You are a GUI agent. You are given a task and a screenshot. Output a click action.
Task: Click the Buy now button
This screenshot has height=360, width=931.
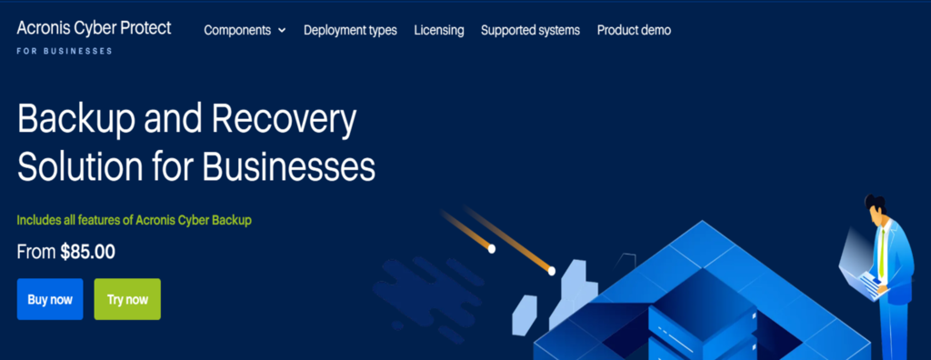coord(50,299)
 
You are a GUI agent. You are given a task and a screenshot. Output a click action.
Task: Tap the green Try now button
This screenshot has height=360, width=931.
coord(127,299)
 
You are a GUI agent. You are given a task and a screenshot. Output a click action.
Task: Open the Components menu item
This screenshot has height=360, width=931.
coord(237,30)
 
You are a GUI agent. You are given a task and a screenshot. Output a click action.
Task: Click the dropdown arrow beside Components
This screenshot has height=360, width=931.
coord(282,31)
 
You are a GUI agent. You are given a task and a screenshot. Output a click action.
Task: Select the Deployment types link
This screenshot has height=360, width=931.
coord(350,30)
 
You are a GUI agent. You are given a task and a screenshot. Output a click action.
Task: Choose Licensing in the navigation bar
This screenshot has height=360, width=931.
coord(438,30)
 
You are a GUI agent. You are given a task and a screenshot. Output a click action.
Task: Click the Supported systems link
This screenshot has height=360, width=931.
coord(530,30)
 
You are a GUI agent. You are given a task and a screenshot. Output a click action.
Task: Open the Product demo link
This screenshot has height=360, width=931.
coord(634,30)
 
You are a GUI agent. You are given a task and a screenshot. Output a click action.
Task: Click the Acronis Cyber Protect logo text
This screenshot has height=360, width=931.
coord(94,28)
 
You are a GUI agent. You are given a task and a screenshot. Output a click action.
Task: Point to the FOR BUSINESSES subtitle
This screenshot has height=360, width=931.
coord(65,51)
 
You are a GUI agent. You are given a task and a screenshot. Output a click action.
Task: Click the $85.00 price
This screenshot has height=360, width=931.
coord(87,253)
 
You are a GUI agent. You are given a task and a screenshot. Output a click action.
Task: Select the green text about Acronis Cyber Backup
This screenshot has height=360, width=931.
coord(134,220)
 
